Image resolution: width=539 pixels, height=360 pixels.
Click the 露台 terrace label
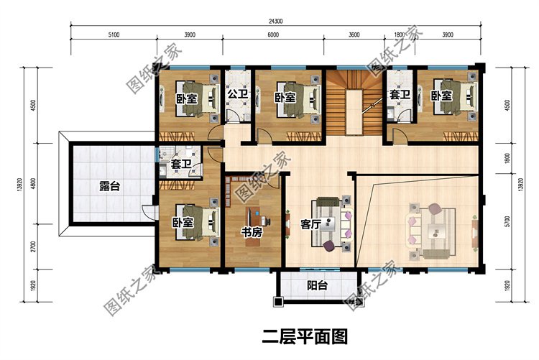110,187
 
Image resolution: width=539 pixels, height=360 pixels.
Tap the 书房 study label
252,232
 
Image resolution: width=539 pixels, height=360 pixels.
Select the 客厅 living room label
310,224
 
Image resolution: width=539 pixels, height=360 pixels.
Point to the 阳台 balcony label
317,285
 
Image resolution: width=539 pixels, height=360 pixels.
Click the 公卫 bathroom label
238,93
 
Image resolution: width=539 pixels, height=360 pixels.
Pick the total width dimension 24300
275,22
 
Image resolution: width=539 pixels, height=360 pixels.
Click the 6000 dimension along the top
273,34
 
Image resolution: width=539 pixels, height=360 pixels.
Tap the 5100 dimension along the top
114,34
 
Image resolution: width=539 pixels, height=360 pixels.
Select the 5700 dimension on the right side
507,222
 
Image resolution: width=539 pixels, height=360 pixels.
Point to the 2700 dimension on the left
33,246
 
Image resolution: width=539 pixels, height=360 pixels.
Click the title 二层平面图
305,337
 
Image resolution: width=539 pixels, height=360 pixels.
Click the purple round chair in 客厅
329,246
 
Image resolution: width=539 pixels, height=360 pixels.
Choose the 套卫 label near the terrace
181,163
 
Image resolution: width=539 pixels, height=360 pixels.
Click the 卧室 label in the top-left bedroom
187,99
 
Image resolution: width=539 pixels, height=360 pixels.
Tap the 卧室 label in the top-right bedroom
441,96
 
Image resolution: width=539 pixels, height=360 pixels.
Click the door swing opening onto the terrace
148,211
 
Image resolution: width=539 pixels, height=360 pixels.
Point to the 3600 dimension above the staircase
354,34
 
